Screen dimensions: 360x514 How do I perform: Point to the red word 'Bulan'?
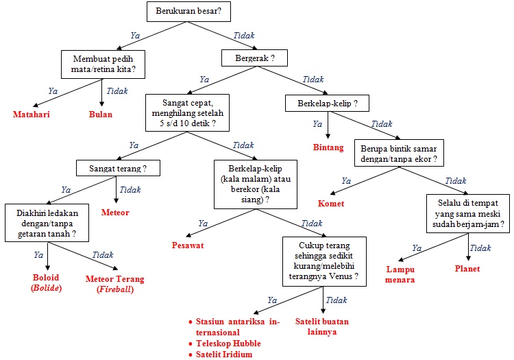point(101,115)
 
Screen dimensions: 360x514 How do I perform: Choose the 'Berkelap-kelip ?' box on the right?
point(327,104)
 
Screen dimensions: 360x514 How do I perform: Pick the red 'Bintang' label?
point(328,147)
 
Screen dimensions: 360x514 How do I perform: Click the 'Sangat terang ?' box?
point(119,167)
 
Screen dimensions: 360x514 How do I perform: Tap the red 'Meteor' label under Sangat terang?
point(114,213)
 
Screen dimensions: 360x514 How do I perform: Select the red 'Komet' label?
point(330,204)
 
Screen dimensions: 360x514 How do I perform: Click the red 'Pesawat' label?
point(188,245)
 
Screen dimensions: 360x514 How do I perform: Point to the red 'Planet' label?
point(467,269)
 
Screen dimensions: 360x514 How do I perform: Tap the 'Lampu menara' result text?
point(401,274)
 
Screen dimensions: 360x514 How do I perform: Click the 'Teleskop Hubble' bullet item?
point(228,343)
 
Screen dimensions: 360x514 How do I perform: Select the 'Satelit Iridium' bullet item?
point(224,354)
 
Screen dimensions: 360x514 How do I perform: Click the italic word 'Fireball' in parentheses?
point(115,289)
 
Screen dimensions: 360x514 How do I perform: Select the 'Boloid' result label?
point(47,278)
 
